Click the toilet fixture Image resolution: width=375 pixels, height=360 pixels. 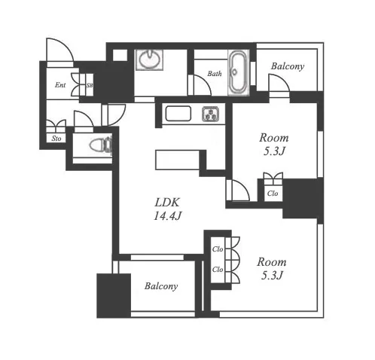click(100, 145)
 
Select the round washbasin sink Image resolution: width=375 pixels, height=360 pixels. click(149, 59)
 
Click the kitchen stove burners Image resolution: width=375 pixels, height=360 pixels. click(210, 114)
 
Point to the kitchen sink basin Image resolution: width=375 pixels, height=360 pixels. click(178, 114)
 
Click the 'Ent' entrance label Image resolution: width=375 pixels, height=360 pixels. click(60, 85)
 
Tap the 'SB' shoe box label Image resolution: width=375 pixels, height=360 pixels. click(90, 85)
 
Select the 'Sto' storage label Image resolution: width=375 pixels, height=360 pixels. click(56, 139)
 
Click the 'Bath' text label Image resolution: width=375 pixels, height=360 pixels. click(215, 74)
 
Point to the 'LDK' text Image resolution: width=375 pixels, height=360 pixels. click(167, 203)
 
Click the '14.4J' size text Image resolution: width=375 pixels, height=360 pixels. click(167, 216)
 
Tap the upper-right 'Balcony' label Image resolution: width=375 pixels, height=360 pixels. click(288, 66)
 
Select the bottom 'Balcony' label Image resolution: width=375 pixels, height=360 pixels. click(161, 286)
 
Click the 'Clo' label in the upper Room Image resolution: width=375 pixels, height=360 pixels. click(273, 194)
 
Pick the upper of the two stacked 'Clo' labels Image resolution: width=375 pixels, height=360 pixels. click(218, 249)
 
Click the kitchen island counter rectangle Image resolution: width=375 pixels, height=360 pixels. click(178, 160)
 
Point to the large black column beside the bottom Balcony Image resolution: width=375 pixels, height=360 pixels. click(114, 296)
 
